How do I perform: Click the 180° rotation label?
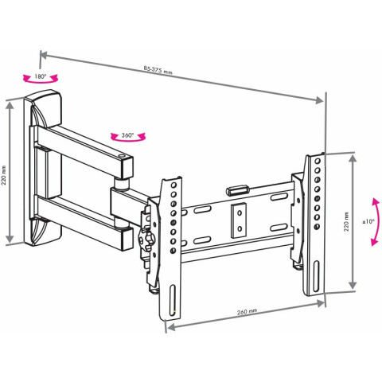coord(41,76)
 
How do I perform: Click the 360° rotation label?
coord(127,135)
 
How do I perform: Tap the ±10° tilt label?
coord(368,221)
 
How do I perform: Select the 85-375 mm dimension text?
coord(158,70)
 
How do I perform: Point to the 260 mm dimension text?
coord(247,312)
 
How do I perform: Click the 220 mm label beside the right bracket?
coord(346,221)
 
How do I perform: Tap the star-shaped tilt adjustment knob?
coord(145,239)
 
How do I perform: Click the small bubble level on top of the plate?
coord(236,190)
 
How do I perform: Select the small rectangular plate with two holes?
coord(239,220)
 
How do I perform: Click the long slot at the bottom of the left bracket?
coord(173,300)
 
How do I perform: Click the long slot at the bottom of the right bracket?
coord(316,276)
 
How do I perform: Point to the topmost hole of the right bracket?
coord(318,161)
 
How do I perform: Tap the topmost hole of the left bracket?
coord(173,185)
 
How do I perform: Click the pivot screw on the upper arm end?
coord(122,156)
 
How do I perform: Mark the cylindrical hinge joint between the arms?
coord(122,184)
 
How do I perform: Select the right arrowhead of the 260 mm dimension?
coord(321,302)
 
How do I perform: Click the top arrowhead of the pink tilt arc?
coord(375,202)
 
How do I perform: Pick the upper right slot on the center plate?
coord(279,197)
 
